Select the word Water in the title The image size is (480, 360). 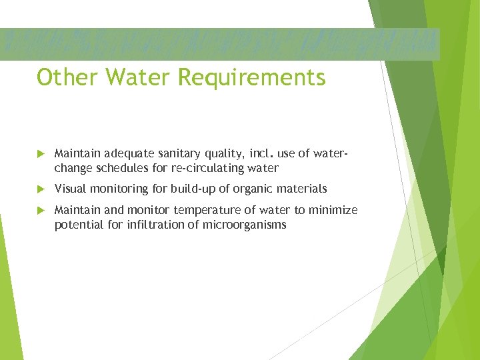134,78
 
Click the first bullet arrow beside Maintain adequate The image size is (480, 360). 40,154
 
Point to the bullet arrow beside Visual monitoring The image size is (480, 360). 40,189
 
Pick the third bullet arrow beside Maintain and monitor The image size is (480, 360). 40,211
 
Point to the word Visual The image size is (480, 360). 70,189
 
